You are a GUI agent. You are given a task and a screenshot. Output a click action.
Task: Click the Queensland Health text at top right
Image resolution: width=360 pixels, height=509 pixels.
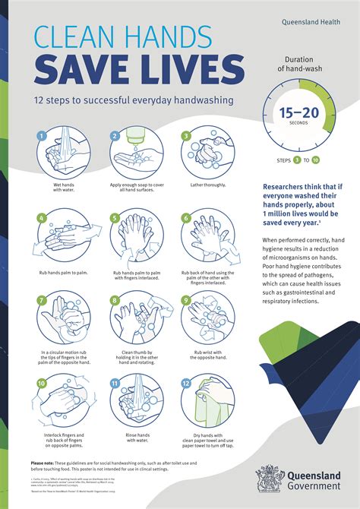(x=315, y=22)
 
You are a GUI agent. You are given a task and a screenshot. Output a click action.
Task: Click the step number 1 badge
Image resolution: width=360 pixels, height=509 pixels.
(x=43, y=137)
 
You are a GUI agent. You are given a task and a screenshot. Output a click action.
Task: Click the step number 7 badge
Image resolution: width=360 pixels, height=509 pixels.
(x=43, y=299)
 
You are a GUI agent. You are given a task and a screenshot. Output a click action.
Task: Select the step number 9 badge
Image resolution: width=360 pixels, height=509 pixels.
(x=185, y=299)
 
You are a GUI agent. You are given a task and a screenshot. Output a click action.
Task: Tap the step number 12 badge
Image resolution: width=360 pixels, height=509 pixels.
(x=185, y=383)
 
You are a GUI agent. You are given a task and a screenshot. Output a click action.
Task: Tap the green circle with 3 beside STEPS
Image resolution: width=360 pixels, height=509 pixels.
(x=298, y=160)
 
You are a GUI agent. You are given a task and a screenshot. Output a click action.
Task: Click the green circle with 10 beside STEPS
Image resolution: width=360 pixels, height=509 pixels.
(x=315, y=160)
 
